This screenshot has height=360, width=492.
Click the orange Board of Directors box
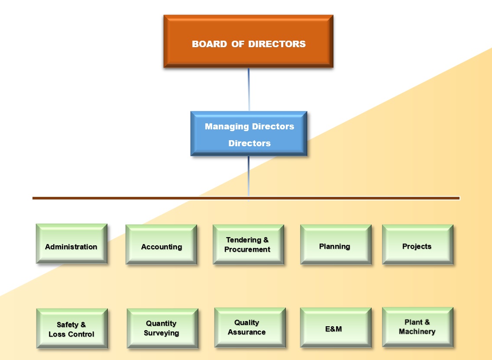pos(248,42)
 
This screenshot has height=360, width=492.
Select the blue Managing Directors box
pos(249,134)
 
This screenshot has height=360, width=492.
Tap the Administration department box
pos(71,244)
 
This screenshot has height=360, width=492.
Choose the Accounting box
pos(161,244)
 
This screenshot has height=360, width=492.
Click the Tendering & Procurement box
pos(248,244)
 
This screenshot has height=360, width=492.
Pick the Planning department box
pos(336,244)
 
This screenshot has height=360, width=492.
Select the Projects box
pos(418,244)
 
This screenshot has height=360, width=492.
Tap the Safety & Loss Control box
pos(72,328)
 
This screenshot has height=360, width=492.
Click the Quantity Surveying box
pos(162,328)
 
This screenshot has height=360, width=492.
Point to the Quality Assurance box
pos(250,328)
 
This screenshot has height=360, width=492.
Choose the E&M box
pos(336,328)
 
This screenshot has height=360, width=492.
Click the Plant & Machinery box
pos(418,327)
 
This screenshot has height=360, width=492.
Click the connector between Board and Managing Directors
pos(249,89)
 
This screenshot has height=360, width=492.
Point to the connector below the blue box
pos(249,177)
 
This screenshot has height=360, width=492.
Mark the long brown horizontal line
pos(130,198)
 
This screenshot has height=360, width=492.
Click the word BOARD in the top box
pos(209,44)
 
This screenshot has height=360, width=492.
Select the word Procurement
pos(247,250)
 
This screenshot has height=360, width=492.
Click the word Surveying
pos(162,333)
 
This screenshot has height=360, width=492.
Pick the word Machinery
pos(417,332)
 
